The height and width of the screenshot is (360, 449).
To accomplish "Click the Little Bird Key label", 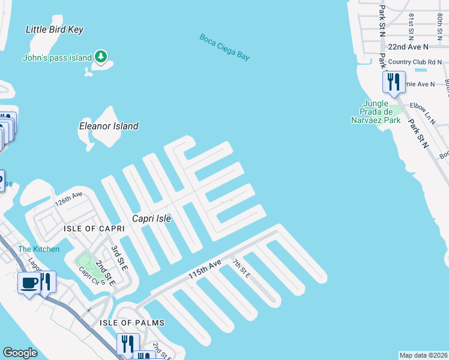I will pyautogui.click(x=55, y=29).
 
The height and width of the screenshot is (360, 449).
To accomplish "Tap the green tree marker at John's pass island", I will pyautogui.click(x=101, y=57).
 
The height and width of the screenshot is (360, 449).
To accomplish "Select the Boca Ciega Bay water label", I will pyautogui.click(x=224, y=47).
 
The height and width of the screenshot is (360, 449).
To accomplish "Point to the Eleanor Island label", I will pyautogui.click(x=109, y=126).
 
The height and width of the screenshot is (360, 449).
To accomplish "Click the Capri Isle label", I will pyautogui.click(x=152, y=219).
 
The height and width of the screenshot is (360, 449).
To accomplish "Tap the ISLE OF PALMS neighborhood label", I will pyautogui.click(x=133, y=323).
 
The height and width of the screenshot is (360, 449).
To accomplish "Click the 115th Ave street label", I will pyautogui.click(x=205, y=268).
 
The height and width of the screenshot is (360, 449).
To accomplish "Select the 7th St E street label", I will pyautogui.click(x=241, y=268).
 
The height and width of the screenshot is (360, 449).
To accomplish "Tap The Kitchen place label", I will pyautogui.click(x=38, y=249).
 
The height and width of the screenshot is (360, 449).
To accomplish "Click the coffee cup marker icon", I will pyautogui.click(x=28, y=282).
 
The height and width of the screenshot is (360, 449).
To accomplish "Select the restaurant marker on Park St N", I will pyautogui.click(x=394, y=82).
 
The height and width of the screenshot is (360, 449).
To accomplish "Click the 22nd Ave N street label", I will pyautogui.click(x=409, y=46).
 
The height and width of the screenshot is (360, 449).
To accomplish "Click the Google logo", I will pyautogui.click(x=20, y=353).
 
